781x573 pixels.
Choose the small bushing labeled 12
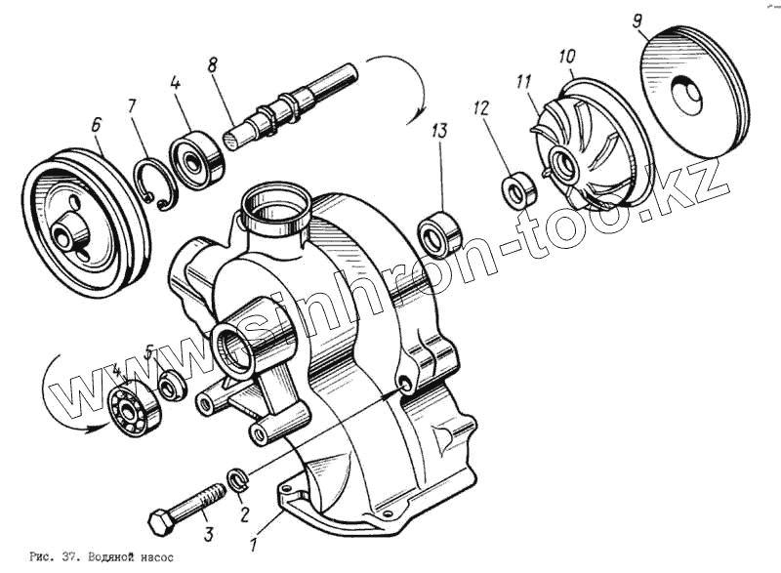coord(518,189)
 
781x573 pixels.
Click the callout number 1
coord(255,546)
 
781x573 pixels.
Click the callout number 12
coord(480,105)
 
